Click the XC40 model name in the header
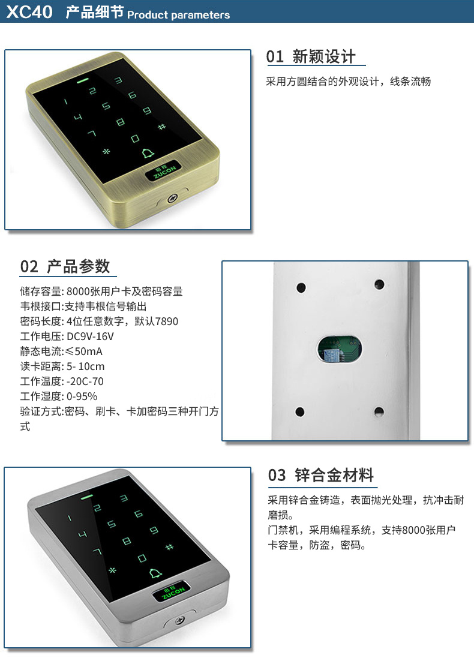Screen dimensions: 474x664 [x=29, y=11]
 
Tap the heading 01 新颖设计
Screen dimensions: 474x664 [x=311, y=57]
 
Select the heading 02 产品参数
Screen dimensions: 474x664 [x=65, y=267]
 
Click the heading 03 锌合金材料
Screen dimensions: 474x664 [x=320, y=475]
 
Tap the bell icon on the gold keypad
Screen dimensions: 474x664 [x=148, y=153]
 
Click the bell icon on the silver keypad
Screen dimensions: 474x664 [x=155, y=573]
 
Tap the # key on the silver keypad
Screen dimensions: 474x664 [x=169, y=546]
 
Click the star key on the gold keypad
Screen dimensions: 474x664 [x=106, y=151]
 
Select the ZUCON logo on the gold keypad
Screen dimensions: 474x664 [x=164, y=170]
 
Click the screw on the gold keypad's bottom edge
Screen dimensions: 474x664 [x=172, y=198]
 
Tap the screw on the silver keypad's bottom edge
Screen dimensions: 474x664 [x=180, y=620]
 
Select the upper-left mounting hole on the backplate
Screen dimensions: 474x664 [x=301, y=288]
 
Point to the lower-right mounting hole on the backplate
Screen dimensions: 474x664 [x=379, y=411]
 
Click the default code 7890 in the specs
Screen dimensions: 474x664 [x=167, y=322]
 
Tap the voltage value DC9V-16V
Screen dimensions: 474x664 [x=90, y=336]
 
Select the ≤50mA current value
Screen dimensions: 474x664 [x=84, y=351]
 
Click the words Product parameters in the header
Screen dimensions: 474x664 [x=178, y=15]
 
